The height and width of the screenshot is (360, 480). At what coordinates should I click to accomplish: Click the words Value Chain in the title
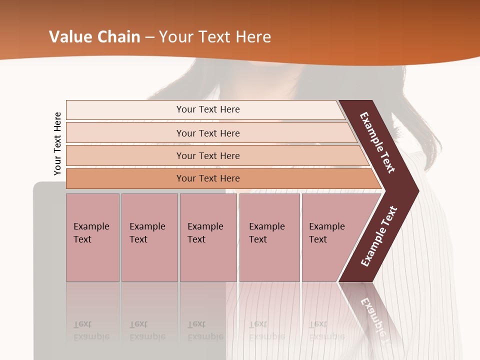[x=94, y=37]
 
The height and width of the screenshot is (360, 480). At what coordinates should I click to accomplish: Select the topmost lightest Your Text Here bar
[x=207, y=109]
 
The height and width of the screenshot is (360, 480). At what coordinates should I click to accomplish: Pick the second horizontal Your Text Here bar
[x=207, y=133]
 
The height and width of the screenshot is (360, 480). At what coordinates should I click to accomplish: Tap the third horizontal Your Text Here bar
[x=207, y=155]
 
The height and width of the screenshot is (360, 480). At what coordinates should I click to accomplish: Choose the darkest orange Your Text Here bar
[x=207, y=178]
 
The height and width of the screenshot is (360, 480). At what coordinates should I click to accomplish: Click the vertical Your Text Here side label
[x=57, y=144]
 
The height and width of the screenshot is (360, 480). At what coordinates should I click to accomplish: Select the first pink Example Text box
[x=92, y=237]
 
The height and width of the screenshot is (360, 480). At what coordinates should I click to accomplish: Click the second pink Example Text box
[x=149, y=237]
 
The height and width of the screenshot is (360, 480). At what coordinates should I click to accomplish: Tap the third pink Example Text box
[x=208, y=237]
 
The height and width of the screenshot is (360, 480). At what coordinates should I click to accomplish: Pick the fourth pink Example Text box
[x=269, y=237]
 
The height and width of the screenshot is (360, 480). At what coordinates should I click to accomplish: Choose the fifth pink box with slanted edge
[x=330, y=237]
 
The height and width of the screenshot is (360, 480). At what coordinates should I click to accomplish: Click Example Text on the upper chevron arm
[x=377, y=142]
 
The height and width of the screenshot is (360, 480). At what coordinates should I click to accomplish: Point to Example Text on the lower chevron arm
[x=379, y=236]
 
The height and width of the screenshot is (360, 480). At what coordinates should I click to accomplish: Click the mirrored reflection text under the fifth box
[x=326, y=330]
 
